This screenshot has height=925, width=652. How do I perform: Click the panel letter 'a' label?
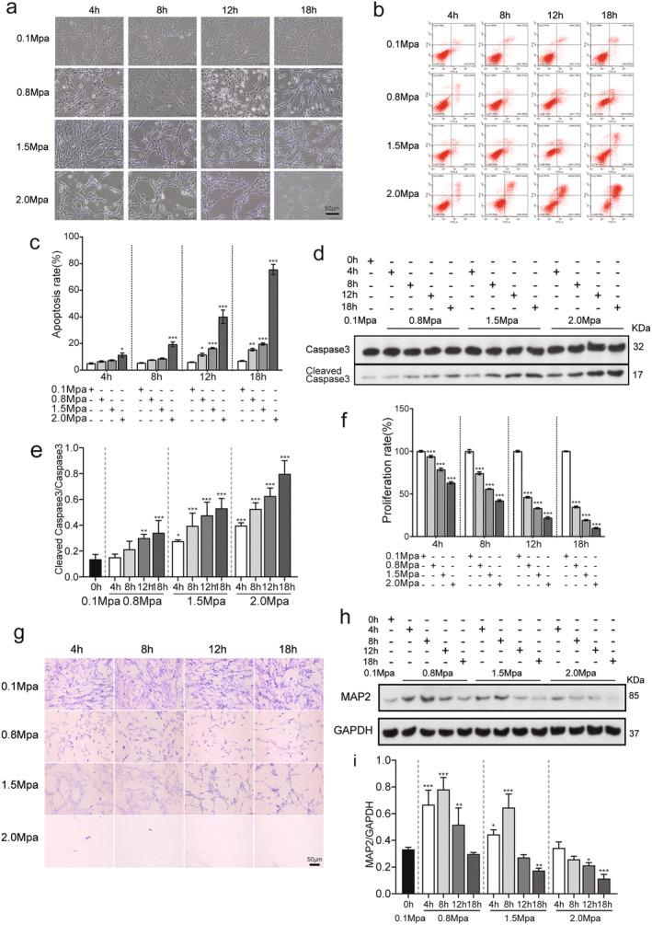click(x=12, y=10)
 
